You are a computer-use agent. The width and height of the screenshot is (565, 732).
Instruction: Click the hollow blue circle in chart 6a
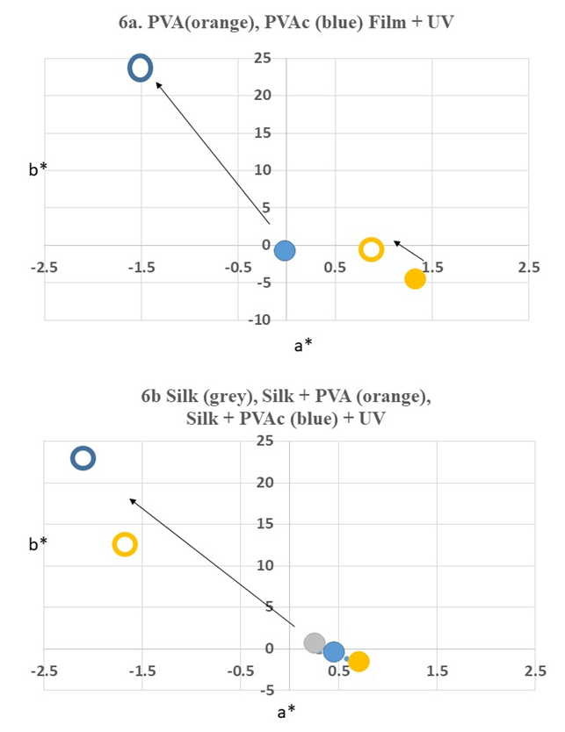(141, 68)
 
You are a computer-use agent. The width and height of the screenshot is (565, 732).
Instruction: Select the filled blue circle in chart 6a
(284, 251)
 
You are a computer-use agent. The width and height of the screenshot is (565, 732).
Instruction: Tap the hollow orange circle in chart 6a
(372, 249)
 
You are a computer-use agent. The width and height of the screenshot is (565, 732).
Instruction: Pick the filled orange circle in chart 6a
(415, 279)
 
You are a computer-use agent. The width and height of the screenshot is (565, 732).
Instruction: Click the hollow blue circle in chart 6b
(83, 457)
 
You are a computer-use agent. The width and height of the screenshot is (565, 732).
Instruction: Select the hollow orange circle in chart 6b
(125, 544)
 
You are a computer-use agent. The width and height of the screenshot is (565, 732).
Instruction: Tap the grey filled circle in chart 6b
(315, 642)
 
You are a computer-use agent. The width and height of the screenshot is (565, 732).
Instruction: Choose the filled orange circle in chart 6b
(359, 661)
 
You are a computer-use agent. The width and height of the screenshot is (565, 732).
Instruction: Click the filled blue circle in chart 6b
(334, 651)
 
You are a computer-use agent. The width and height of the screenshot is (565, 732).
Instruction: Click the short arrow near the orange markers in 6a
(409, 251)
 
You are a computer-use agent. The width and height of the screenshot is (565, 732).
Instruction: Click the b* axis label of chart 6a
(38, 169)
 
